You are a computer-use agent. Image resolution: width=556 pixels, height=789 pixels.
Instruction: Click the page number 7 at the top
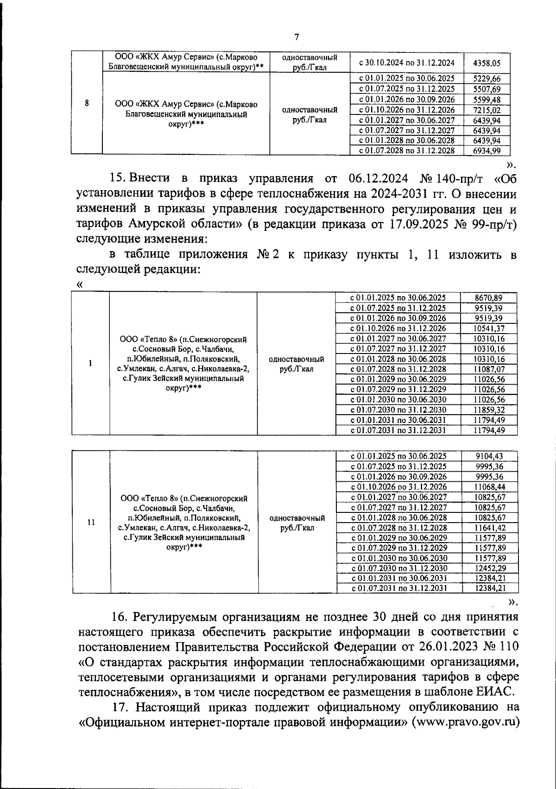[297, 38]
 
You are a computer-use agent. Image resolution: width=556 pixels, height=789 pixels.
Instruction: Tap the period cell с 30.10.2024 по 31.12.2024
[406, 63]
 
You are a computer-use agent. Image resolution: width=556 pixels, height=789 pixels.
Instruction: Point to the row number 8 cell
[87, 103]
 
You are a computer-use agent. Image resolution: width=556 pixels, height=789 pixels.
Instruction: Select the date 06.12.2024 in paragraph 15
[379, 178]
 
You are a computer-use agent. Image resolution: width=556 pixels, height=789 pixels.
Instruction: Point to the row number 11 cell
[91, 522]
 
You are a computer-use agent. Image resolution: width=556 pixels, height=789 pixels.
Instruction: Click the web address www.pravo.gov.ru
[468, 723]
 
